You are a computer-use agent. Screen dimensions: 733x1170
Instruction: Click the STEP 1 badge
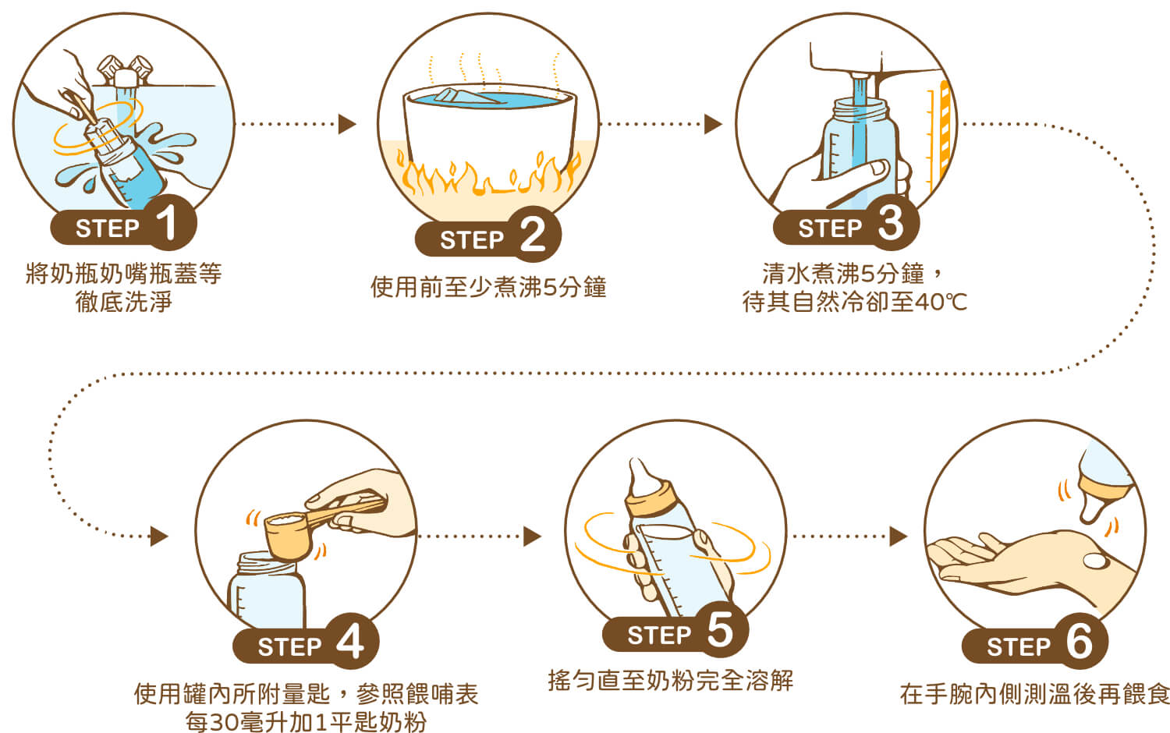coord(123,226)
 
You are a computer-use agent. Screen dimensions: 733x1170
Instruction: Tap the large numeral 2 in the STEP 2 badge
coord(533,235)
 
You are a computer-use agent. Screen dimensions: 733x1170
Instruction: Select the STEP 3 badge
coord(846,226)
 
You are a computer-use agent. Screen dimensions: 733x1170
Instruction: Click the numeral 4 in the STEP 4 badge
coord(350,643)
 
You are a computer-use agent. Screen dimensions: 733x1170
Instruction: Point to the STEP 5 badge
coord(675,633)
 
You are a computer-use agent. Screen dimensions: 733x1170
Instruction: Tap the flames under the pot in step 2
coord(487,178)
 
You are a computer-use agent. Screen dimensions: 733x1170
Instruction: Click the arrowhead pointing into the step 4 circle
coord(159,536)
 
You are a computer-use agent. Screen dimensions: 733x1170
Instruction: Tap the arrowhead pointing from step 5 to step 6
coord(899,536)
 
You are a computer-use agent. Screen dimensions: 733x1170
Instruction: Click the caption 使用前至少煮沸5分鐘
coord(488,287)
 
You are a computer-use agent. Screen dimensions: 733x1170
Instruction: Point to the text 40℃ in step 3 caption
coord(941,302)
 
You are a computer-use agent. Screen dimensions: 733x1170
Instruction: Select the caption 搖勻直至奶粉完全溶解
coord(670,680)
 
